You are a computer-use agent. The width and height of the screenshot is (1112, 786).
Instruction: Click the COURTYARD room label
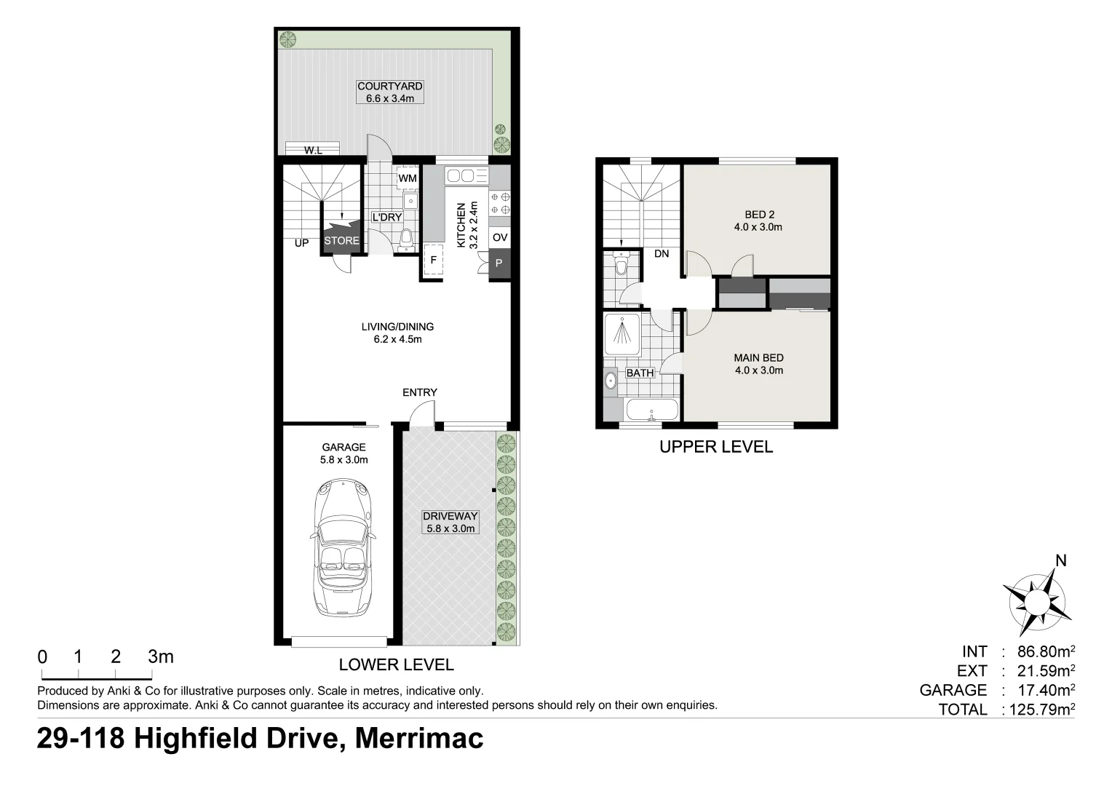(389, 86)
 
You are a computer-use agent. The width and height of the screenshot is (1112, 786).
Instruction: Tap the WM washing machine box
(407, 178)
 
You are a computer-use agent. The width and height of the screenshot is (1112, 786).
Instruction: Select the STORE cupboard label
(341, 241)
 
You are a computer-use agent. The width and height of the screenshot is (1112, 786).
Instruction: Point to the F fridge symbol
(433, 261)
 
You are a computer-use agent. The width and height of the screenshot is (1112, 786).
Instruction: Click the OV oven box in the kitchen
(499, 237)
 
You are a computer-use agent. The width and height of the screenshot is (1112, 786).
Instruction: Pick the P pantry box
(499, 263)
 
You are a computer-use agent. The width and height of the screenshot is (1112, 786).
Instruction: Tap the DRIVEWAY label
(450, 516)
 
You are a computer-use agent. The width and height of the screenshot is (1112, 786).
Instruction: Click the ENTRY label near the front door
(420, 392)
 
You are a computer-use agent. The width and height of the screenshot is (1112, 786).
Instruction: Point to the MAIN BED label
(758, 358)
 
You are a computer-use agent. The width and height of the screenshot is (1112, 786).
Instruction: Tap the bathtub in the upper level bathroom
(651, 410)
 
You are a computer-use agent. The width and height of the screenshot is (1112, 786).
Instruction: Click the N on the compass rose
(1060, 560)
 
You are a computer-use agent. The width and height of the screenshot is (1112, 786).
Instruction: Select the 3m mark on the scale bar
(160, 656)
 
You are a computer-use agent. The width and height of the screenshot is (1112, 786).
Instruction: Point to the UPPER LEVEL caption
(715, 447)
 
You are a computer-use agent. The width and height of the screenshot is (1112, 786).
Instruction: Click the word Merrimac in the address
(418, 739)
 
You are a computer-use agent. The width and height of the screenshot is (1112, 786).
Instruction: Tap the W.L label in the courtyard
(313, 150)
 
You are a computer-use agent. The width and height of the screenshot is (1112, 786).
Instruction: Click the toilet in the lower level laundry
(407, 237)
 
